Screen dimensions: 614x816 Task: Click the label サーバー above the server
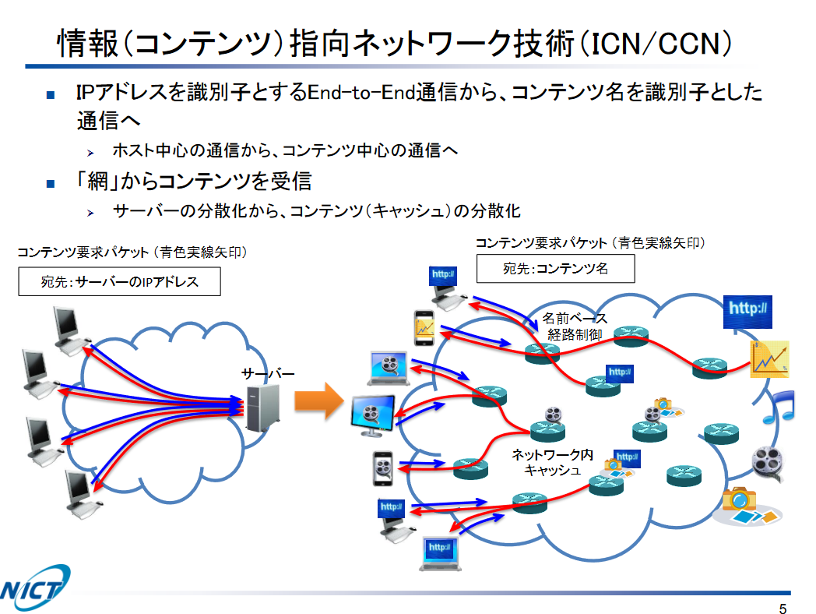point(268,375)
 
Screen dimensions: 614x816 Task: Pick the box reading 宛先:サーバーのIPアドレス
point(119,282)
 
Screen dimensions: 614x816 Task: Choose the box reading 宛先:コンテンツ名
point(555,269)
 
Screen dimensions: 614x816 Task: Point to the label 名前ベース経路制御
point(575,326)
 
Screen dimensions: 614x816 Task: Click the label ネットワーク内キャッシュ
point(552,462)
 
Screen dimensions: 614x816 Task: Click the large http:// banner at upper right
point(748,309)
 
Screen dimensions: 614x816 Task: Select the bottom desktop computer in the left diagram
point(80,492)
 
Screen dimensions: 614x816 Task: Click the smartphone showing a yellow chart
point(424,327)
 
